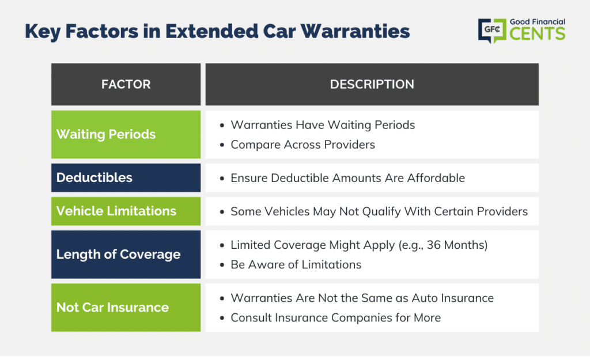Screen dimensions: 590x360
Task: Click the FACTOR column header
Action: (126, 84)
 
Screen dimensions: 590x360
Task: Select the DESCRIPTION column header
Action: (372, 84)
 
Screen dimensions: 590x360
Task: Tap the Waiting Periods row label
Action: (106, 134)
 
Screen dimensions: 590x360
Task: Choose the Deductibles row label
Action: (94, 177)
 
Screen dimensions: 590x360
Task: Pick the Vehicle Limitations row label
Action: (116, 211)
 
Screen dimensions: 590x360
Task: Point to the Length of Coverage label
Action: (118, 255)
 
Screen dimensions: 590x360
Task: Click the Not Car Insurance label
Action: (112, 308)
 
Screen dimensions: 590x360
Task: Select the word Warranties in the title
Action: (355, 31)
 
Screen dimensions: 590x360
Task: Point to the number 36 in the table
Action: (433, 245)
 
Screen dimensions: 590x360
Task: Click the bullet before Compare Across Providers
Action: (222, 145)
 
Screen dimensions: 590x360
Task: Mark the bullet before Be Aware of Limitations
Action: (222, 265)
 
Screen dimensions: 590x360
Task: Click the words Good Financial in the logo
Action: (538, 22)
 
